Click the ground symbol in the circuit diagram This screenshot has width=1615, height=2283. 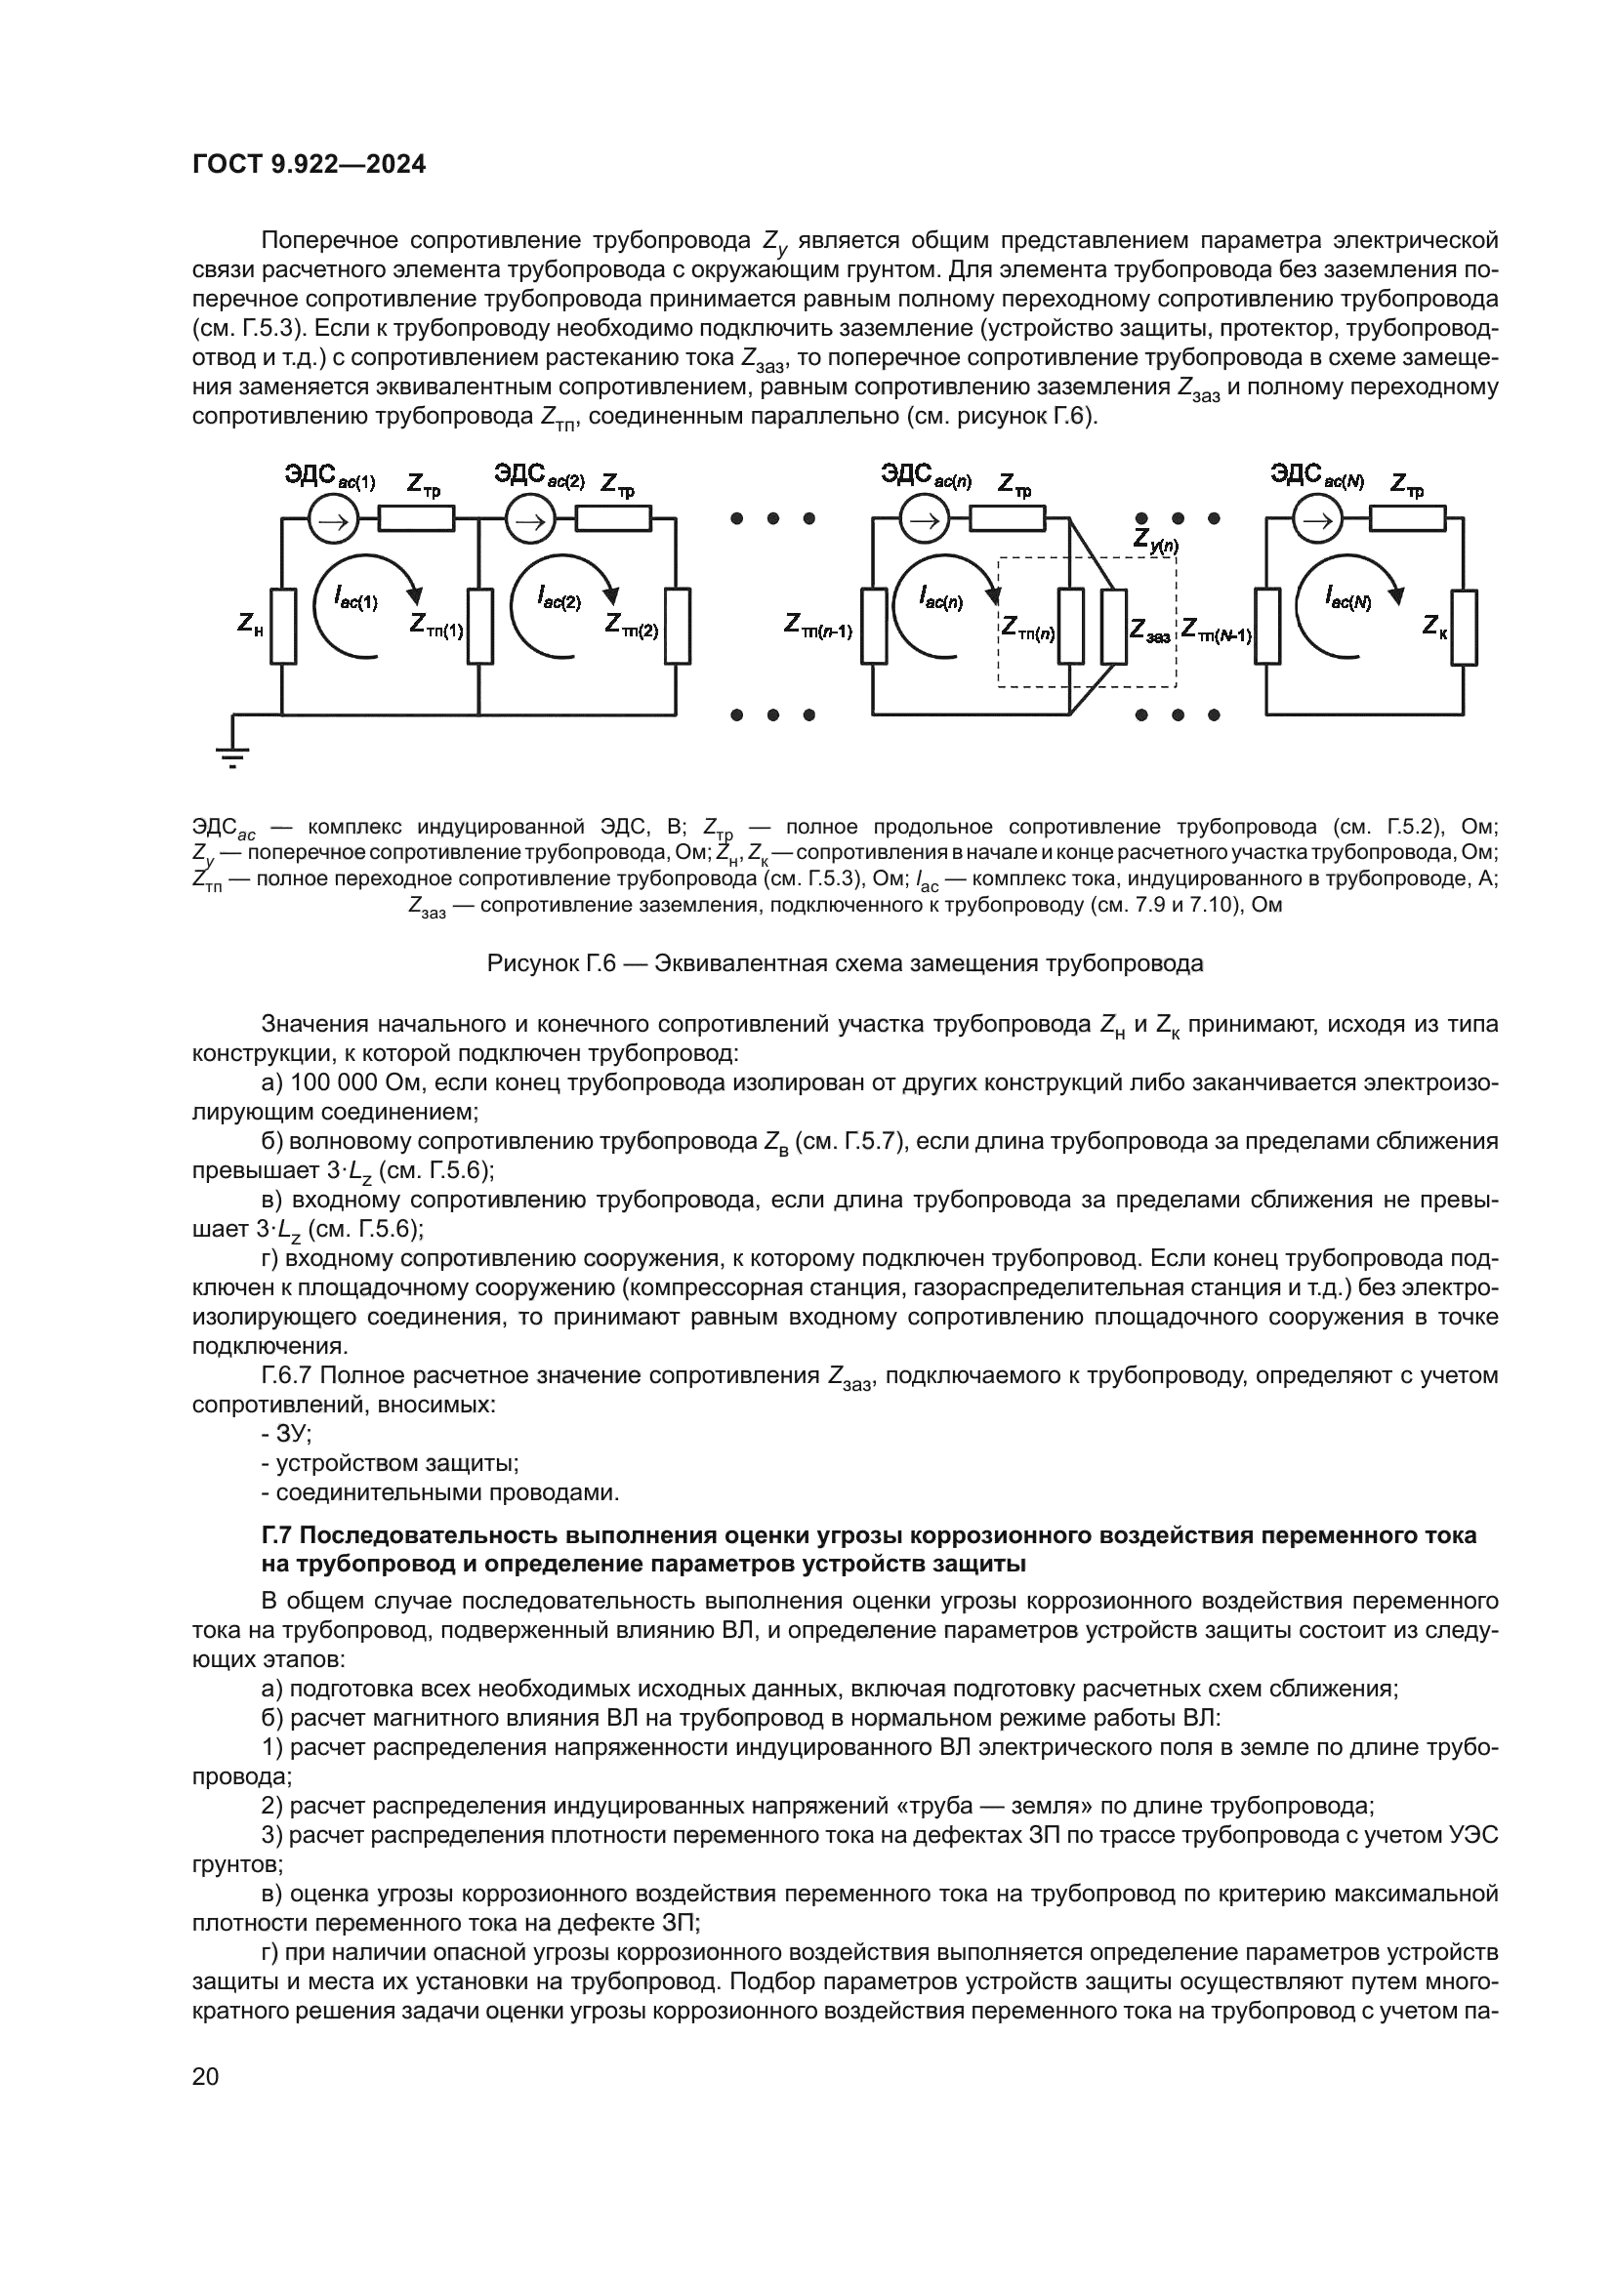232,752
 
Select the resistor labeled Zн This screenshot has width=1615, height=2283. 282,627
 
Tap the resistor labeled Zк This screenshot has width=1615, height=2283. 1464,627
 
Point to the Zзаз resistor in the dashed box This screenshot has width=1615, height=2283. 1114,627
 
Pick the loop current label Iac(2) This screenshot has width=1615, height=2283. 559,597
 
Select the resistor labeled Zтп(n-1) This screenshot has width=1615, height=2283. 874,627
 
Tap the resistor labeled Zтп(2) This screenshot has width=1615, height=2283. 678,627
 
